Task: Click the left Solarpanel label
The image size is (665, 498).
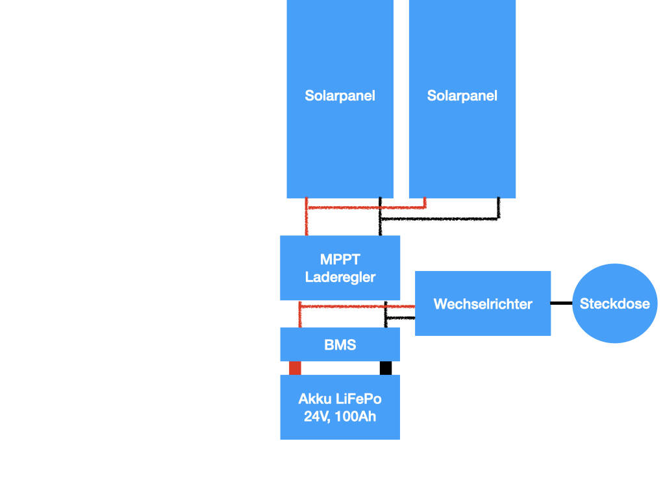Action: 340,96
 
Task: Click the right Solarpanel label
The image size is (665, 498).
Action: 462,96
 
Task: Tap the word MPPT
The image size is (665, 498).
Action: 340,259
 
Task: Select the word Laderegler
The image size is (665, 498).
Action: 340,278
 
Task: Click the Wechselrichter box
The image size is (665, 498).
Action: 483,303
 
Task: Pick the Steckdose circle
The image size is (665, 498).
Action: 614,303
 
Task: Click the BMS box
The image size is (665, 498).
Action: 340,344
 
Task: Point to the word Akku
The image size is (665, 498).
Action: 315,399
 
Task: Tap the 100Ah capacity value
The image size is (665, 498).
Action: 355,417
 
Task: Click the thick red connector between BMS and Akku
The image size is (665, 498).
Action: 295,368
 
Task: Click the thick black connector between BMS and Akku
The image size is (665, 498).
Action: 386,368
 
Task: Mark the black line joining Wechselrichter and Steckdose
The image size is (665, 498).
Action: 562,303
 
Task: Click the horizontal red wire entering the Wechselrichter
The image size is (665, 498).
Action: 358,306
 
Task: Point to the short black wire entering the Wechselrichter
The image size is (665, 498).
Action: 400,318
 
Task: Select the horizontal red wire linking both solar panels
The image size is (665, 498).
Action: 366,207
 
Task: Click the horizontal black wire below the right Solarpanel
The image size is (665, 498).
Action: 440,219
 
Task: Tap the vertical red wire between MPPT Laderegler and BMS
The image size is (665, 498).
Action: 300,314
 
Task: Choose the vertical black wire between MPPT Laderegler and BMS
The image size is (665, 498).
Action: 386,314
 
